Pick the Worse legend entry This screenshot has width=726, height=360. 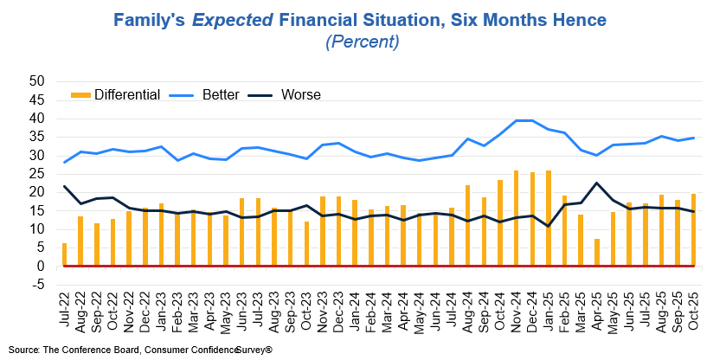click(301, 94)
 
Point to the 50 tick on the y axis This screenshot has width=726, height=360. click(37, 81)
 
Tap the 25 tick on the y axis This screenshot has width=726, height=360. click(37, 174)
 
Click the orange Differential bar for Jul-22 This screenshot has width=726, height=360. click(64, 254)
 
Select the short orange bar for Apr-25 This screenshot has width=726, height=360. click(597, 253)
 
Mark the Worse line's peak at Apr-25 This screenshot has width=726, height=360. click(597, 183)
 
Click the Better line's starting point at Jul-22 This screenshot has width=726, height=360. click(64, 162)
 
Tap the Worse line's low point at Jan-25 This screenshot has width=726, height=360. click(549, 227)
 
